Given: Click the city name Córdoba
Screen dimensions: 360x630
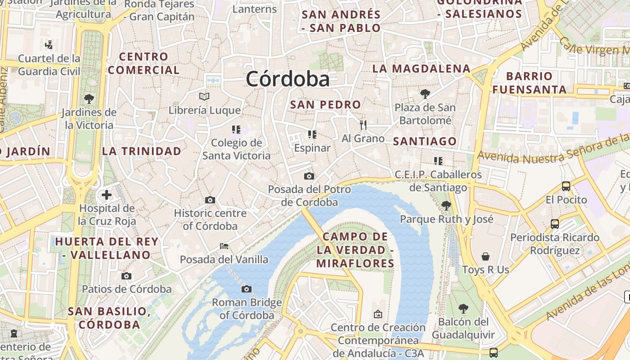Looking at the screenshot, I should coord(288,79).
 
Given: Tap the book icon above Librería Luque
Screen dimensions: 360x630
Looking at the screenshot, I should coord(204,96).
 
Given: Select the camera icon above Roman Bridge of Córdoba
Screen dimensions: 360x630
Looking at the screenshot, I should coord(246,289).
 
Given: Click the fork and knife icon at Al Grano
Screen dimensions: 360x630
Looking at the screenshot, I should coord(363,125).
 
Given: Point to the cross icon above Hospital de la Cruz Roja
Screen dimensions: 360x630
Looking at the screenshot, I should coord(107,195).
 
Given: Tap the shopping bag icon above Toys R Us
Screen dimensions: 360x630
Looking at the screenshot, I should coord(486,256).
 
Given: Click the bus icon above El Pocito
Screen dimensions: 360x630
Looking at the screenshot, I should coord(566,186).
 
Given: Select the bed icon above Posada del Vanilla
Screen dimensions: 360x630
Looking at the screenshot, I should coord(224,246).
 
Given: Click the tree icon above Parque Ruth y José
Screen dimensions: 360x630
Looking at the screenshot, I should coord(446,206).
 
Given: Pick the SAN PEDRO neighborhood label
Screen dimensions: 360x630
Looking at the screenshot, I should coord(325,104).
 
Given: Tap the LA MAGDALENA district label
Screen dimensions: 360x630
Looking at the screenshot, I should coord(421,68).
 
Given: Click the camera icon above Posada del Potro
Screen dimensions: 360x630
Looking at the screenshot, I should coord(309,176).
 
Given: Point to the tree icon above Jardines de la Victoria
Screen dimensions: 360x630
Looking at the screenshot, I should coord(89,99).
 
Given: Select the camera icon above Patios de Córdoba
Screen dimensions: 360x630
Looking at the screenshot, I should coord(126,276).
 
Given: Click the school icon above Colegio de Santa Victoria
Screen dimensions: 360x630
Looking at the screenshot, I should coord(236,130).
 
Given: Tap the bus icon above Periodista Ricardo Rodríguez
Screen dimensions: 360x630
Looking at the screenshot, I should coord(555,224).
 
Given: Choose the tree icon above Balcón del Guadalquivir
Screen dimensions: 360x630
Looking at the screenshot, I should coord(463,309).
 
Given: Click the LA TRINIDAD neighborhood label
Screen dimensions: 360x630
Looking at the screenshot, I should coord(142,151).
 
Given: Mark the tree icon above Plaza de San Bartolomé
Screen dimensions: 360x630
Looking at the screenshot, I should coord(425,94).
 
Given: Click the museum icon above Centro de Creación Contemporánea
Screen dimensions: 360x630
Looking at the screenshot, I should coord(378,314).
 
